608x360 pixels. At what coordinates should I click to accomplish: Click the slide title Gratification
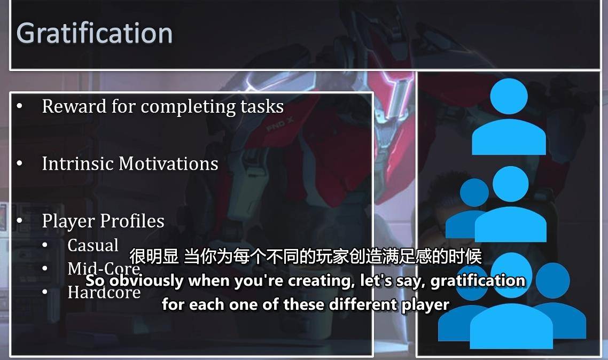(x=94, y=34)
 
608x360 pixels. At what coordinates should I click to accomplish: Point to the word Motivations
(x=168, y=163)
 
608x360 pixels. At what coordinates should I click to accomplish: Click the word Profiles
(x=132, y=221)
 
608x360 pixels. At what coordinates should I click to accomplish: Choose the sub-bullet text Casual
(x=93, y=245)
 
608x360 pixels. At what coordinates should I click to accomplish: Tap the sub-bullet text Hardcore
(x=104, y=292)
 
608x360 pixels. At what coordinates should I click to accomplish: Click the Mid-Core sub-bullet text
(x=104, y=269)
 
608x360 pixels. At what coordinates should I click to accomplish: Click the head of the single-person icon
(x=509, y=96)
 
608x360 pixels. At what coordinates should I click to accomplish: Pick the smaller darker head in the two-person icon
(x=474, y=193)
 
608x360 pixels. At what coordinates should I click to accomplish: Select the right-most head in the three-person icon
(x=552, y=280)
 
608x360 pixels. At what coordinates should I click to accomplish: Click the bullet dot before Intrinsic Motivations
(x=20, y=164)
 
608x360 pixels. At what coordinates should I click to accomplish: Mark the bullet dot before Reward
(x=20, y=106)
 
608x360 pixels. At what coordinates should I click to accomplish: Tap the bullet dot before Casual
(x=45, y=245)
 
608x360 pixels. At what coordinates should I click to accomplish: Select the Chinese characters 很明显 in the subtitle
(x=154, y=256)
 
